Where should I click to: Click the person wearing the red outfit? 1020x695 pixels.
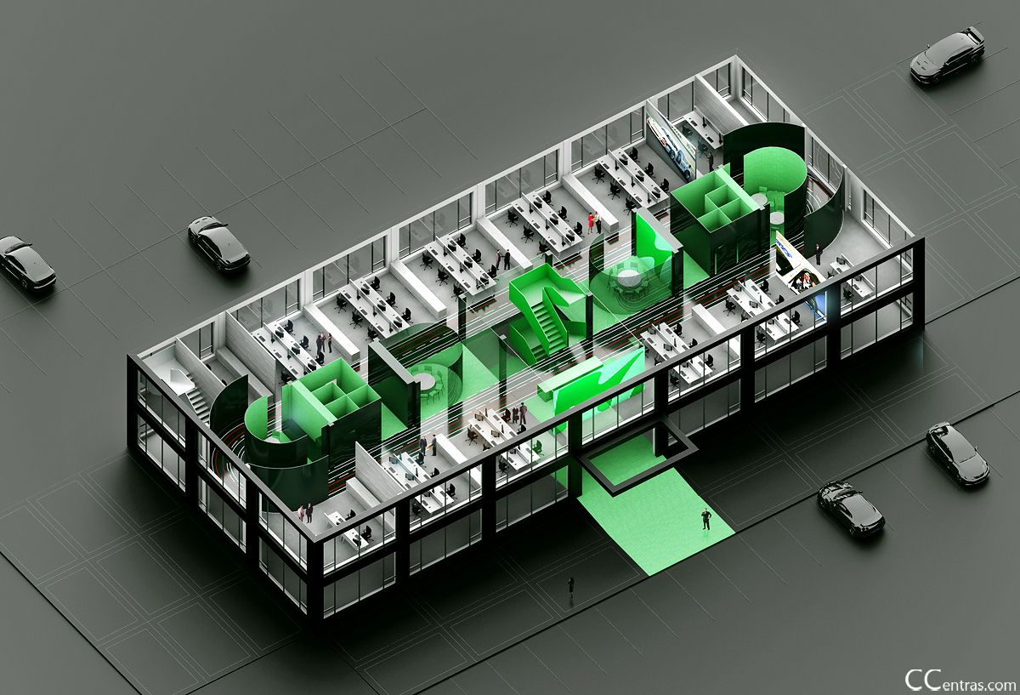click(x=591, y=224)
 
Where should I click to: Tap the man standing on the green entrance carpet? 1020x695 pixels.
click(x=705, y=519)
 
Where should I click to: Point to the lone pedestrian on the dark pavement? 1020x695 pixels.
click(x=571, y=587)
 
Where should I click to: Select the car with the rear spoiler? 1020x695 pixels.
click(x=947, y=56)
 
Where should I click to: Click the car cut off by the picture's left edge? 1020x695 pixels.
click(x=26, y=263)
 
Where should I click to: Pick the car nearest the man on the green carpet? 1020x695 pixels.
click(x=851, y=510)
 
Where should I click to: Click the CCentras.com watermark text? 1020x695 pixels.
click(x=960, y=681)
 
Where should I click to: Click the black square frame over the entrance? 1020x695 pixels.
click(x=637, y=460)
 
